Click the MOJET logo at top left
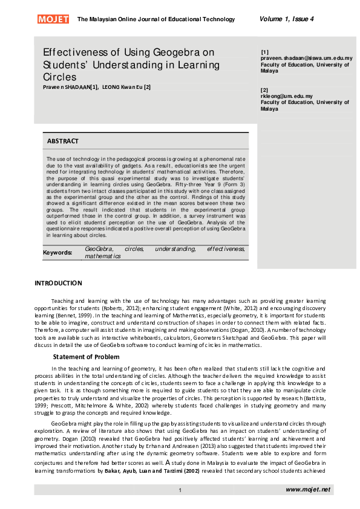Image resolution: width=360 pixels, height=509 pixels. click(x=53, y=19)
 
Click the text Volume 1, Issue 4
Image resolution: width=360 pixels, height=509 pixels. click(x=286, y=19)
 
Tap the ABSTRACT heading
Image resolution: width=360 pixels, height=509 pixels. click(x=63, y=141)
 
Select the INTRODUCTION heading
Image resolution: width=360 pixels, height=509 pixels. click(x=58, y=283)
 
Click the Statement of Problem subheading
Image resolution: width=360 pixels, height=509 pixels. click(x=86, y=357)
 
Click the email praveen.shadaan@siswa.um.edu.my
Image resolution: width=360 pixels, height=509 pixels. click(x=306, y=59)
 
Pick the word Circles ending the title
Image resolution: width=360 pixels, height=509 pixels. click(x=59, y=77)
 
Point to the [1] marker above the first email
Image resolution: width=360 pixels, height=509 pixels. click(x=264, y=52)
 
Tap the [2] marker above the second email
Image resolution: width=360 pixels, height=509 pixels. click(x=264, y=89)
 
